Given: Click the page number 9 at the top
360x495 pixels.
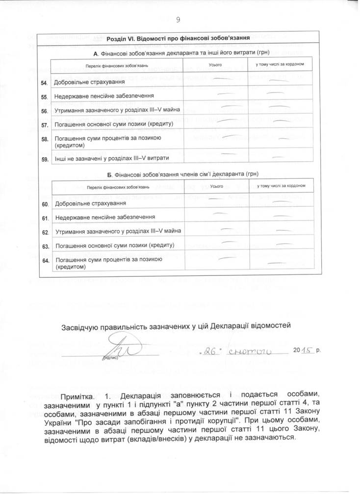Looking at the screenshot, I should [x=178, y=19].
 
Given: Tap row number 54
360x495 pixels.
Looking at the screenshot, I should [x=44, y=82].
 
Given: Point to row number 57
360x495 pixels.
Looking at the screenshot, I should [x=44, y=125].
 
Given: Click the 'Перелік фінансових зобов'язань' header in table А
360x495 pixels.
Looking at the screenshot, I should [x=110, y=65].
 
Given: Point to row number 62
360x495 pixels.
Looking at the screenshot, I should [x=44, y=232].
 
